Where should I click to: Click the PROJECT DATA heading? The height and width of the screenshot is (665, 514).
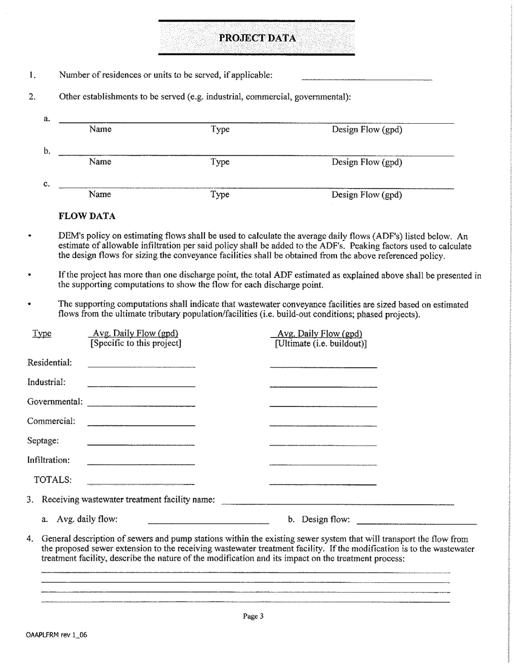[257, 38]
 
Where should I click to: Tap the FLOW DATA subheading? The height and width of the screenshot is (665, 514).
[87, 216]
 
